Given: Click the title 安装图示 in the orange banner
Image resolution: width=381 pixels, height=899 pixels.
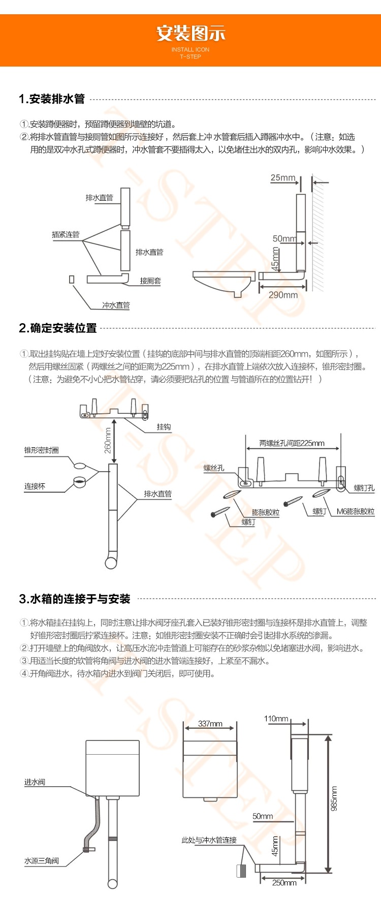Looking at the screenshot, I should click(x=190, y=34).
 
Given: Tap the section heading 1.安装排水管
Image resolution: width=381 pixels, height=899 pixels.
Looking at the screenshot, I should click(x=52, y=99).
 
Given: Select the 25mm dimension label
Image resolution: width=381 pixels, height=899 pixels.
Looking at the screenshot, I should click(x=282, y=178).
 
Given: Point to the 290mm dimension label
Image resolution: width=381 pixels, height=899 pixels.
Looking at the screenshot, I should click(x=283, y=295).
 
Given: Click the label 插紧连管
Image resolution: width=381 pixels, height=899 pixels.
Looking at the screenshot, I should click(x=66, y=234).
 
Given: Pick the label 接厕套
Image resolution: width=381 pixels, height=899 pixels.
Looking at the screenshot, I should click(x=150, y=281).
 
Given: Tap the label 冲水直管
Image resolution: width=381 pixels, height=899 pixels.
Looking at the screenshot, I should click(x=116, y=305).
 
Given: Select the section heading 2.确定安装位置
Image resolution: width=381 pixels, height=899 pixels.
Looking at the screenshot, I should click(x=58, y=328).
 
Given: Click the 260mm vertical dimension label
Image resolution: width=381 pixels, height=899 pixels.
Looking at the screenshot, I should click(x=108, y=440).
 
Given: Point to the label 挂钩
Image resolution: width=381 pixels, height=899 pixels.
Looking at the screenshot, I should click(x=164, y=427).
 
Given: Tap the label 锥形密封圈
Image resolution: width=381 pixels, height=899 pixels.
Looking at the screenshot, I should click(x=42, y=450).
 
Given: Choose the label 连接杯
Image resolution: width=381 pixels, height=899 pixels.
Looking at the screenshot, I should click(x=35, y=486).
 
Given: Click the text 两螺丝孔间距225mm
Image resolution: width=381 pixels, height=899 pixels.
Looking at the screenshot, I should click(x=292, y=443).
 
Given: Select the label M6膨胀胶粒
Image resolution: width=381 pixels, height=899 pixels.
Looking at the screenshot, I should click(x=355, y=511).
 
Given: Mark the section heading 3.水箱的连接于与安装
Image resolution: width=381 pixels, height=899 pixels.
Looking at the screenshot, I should click(x=75, y=599).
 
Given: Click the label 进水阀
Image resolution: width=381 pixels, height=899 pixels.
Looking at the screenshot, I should click(x=35, y=782).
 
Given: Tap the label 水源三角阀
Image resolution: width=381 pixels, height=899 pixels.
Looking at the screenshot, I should click(x=42, y=861).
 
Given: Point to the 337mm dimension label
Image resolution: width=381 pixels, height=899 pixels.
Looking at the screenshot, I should click(x=210, y=724).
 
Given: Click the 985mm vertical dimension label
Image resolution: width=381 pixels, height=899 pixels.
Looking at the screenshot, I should click(x=334, y=798).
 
